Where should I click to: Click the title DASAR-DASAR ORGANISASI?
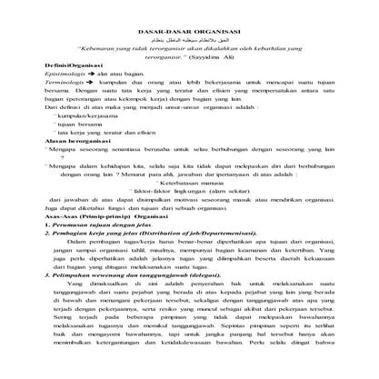[x=189, y=31]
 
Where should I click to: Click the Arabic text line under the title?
[x=190, y=41]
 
